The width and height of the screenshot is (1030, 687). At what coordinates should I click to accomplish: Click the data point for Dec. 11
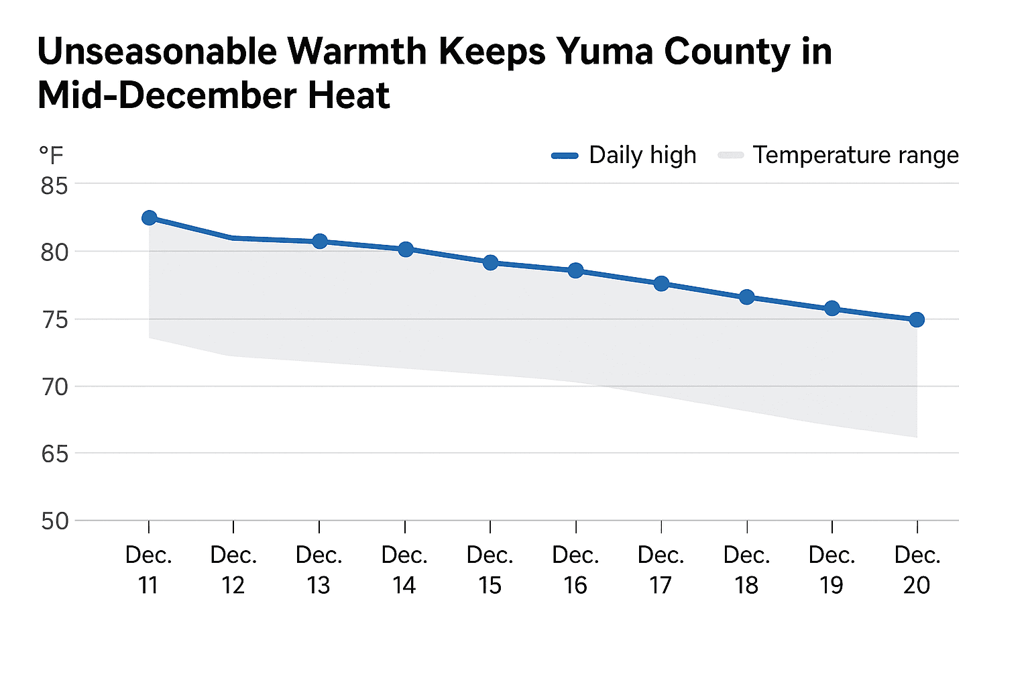tap(150, 218)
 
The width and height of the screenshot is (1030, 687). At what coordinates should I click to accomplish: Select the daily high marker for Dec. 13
tap(320, 242)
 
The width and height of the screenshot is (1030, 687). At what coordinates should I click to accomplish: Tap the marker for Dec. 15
tap(491, 262)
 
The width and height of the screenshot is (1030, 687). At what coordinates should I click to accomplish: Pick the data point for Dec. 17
tap(661, 284)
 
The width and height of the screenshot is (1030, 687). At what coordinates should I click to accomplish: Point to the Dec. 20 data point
tap(917, 320)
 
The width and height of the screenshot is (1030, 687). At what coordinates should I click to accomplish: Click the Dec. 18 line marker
tap(747, 297)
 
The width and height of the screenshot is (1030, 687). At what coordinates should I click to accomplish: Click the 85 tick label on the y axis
tap(54, 186)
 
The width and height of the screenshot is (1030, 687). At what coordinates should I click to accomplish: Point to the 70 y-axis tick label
tap(54, 387)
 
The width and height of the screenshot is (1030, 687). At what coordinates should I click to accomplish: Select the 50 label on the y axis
tap(54, 521)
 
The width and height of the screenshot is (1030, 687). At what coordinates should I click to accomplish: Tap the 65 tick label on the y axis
tap(54, 454)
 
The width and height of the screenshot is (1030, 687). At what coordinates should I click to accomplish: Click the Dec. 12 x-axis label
tap(233, 570)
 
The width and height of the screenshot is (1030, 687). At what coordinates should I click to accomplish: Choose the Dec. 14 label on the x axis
tap(404, 570)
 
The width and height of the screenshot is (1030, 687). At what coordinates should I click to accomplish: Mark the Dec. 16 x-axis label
tap(575, 570)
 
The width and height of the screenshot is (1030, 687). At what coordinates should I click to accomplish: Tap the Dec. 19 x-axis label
tap(832, 570)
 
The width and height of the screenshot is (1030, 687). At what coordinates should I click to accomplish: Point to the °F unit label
tap(51, 156)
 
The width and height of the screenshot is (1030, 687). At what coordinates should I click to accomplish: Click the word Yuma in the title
tap(605, 52)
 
